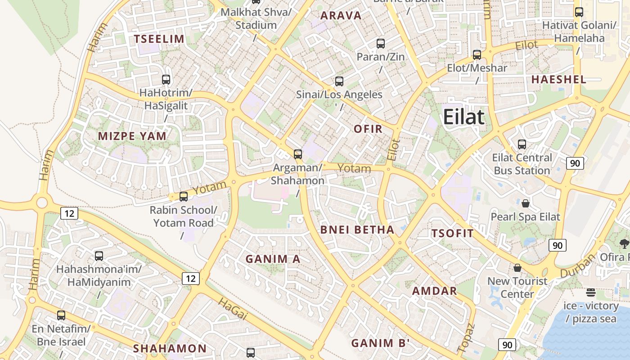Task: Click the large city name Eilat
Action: tap(463, 117)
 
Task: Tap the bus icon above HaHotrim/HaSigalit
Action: tap(166, 80)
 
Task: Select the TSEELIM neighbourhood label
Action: tap(159, 39)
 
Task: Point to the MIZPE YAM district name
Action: tap(132, 136)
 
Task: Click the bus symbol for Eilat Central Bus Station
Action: tap(522, 144)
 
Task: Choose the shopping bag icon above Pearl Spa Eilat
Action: tap(525, 203)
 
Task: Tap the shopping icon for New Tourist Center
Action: tap(517, 268)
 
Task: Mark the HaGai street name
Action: tap(233, 309)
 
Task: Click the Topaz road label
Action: tap(466, 337)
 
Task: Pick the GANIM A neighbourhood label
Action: tap(273, 259)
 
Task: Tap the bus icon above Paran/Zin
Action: tap(381, 44)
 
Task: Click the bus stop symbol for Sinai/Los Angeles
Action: tap(339, 81)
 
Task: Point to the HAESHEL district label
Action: tap(558, 80)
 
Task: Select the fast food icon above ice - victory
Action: tap(591, 292)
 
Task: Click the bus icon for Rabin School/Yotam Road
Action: tap(184, 197)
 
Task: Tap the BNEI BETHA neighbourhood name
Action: tap(357, 230)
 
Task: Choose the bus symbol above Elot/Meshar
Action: tap(477, 55)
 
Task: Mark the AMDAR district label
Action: tap(435, 291)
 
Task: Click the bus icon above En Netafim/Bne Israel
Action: tap(61, 315)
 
